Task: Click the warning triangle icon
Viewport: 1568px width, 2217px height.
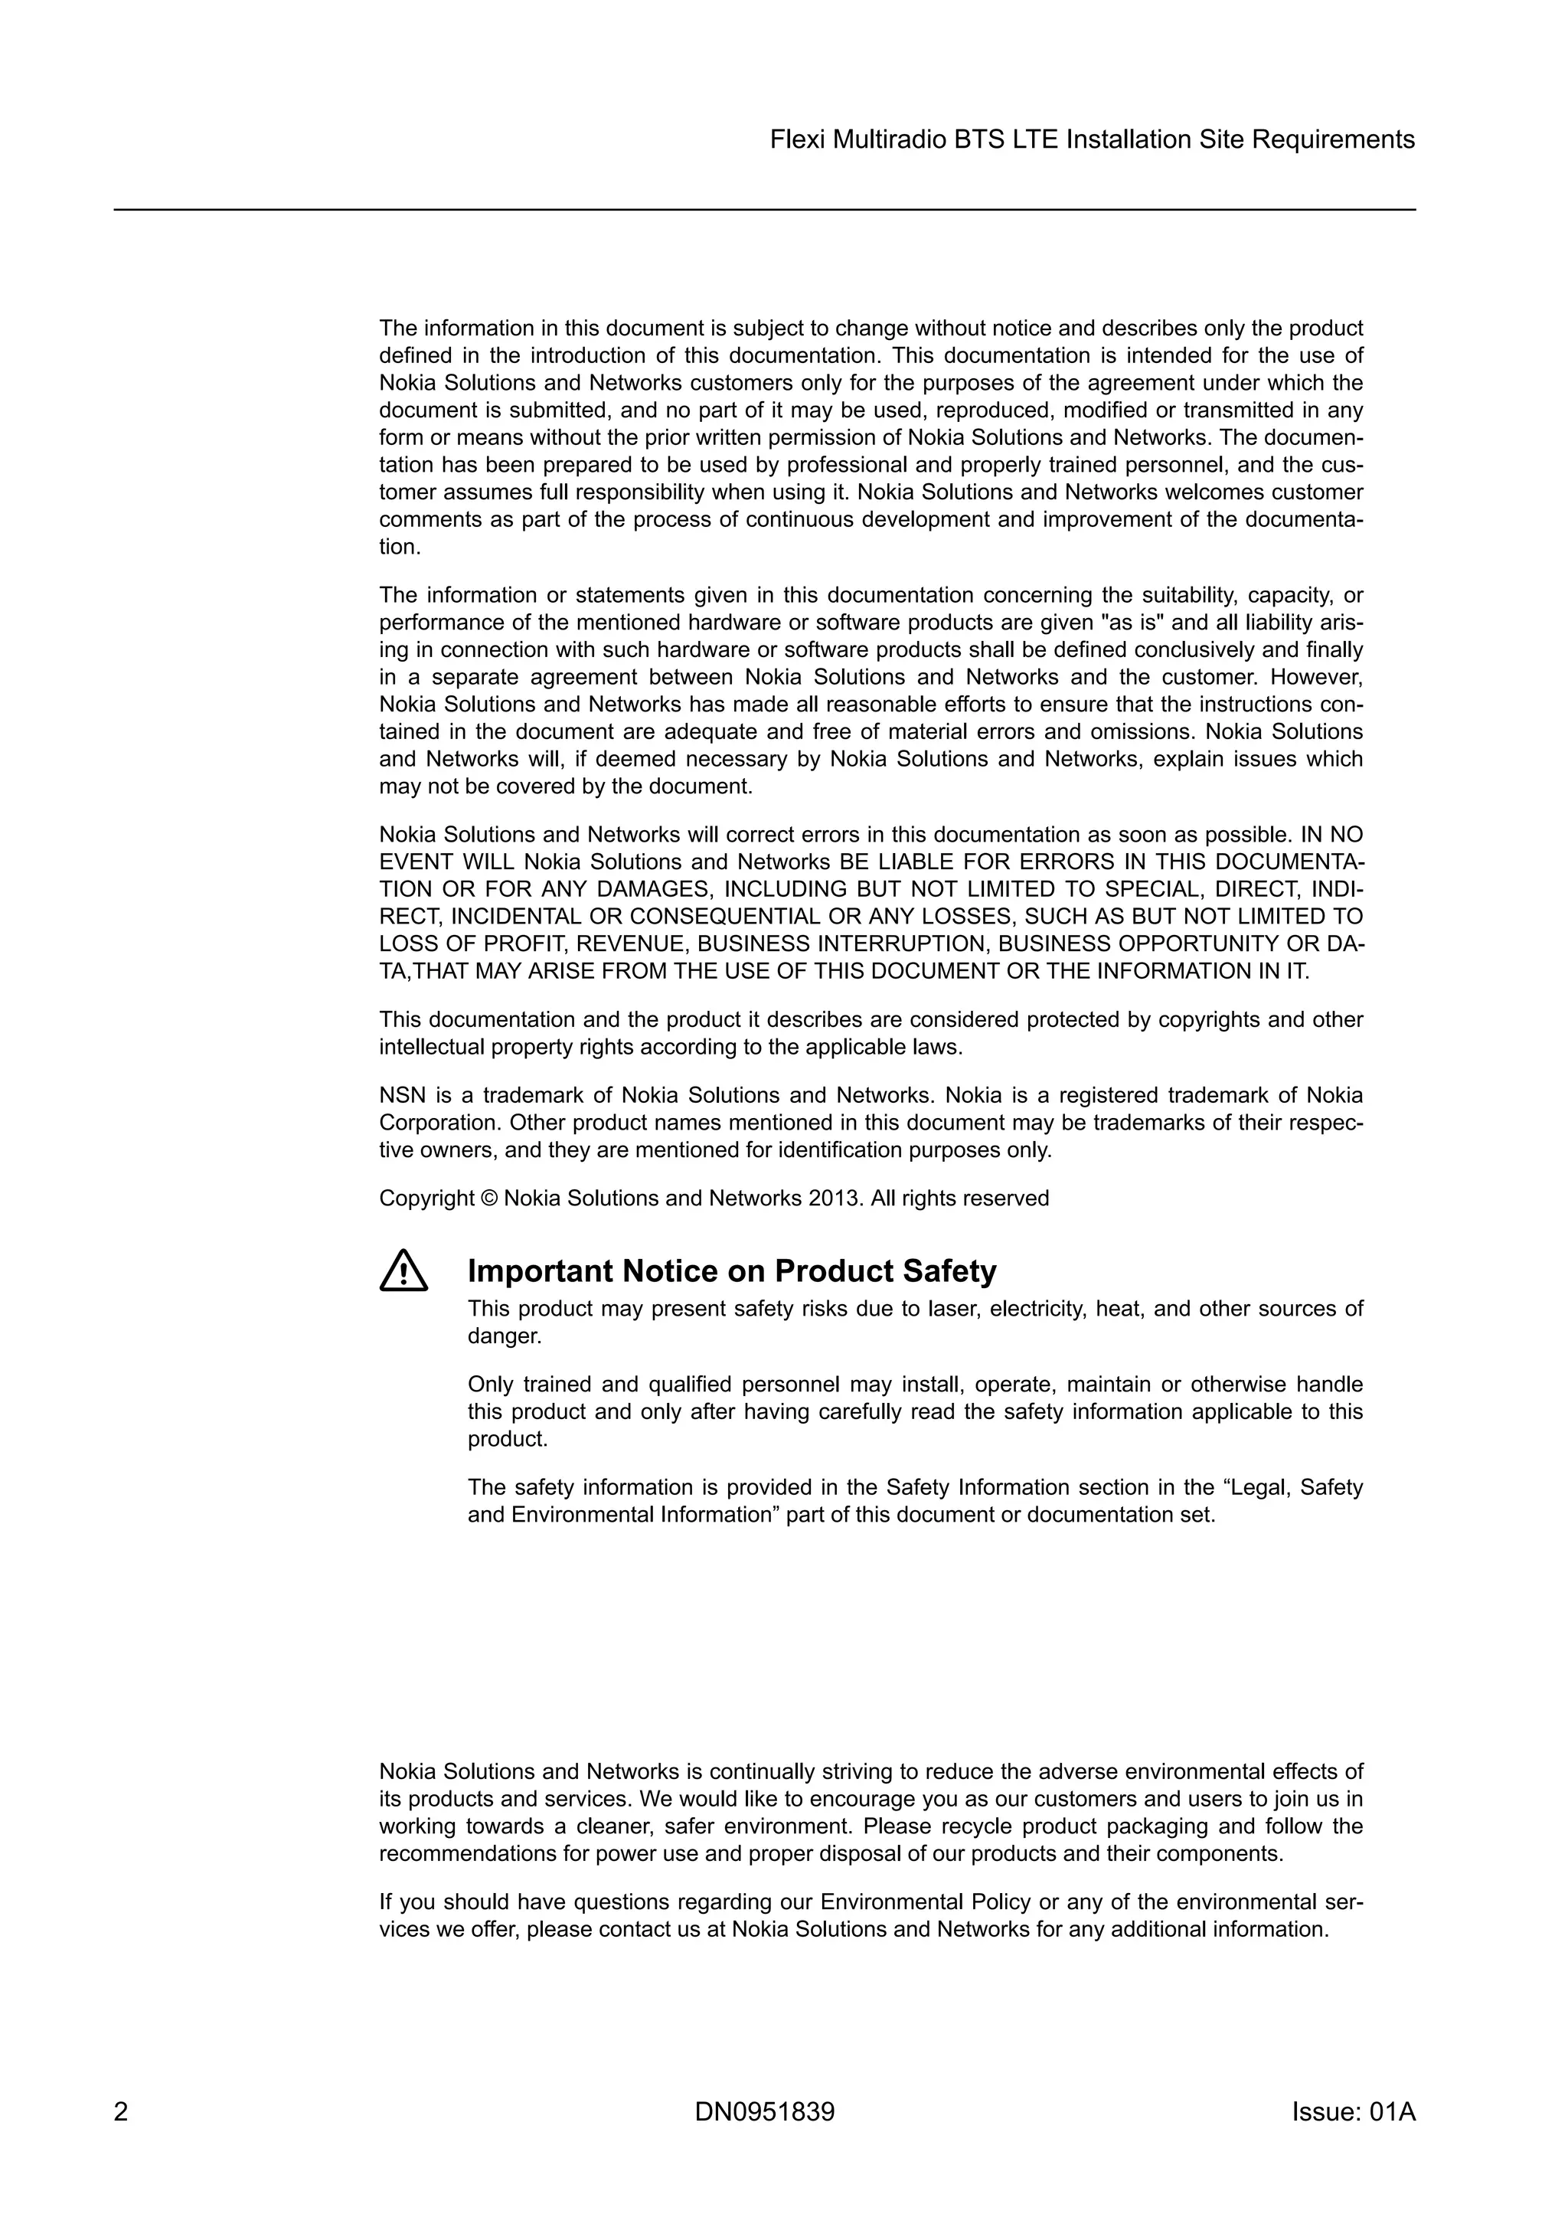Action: (403, 1272)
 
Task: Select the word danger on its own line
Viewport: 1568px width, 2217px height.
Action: (504, 1336)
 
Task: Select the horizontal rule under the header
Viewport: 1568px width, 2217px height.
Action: (764, 210)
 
